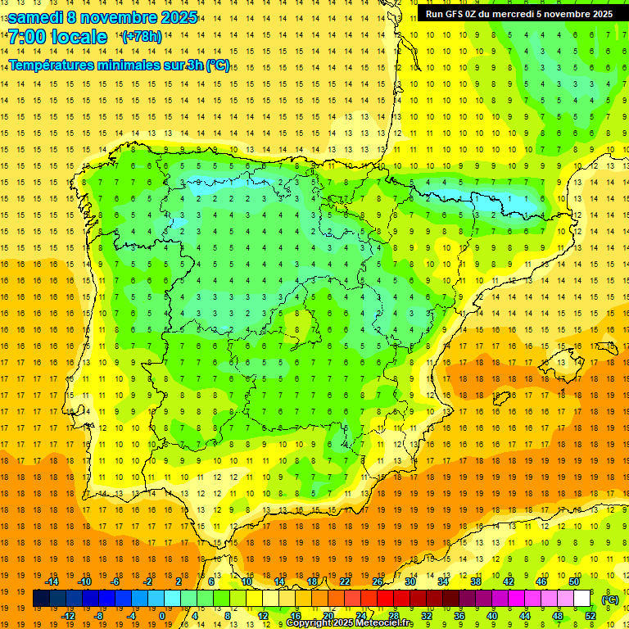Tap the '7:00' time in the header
point(26,37)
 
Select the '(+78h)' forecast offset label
point(141,37)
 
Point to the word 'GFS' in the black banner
point(459,14)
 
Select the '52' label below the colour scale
point(590,616)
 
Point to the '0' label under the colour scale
point(162,616)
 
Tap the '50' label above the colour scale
point(573,581)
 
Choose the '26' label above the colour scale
point(378,581)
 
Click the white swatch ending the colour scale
point(581,599)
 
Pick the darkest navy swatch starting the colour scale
point(41,599)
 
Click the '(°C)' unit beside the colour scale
point(609,600)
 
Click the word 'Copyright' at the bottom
point(310,623)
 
